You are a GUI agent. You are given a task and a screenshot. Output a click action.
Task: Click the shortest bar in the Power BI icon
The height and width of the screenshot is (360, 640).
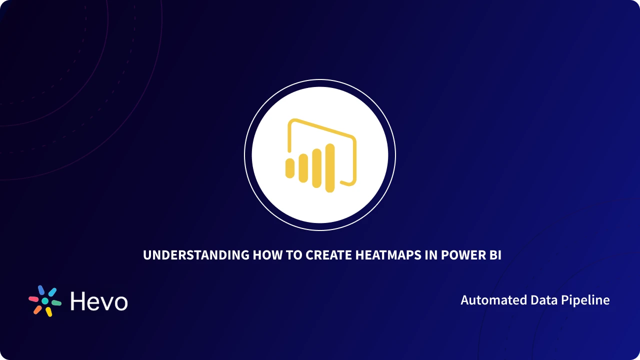coord(289,168)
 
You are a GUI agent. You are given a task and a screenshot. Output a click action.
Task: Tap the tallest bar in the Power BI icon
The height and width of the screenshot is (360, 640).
coord(329,168)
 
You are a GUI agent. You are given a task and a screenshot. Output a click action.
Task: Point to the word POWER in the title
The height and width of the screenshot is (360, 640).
coord(461,255)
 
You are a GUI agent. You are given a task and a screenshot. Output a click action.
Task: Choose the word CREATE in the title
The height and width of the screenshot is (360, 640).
coord(328,255)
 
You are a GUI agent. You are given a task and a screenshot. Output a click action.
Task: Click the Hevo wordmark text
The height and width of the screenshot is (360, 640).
coord(98,301)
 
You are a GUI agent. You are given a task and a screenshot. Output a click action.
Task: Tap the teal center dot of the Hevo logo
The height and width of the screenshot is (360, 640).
coord(45,301)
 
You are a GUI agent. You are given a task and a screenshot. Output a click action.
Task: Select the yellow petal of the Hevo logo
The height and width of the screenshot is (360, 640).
coord(49,312)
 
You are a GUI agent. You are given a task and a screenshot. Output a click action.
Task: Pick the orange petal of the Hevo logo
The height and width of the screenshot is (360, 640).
coord(37,310)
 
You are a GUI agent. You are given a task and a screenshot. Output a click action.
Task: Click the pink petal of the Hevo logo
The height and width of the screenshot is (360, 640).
coord(33,299)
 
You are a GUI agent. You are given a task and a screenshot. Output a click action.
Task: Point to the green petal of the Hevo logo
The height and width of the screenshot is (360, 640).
coord(56,303)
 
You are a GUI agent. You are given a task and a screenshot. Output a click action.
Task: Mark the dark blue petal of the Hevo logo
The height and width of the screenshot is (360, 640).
coord(41,290)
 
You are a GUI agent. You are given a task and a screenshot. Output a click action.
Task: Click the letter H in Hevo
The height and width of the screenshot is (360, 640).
coord(78,301)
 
